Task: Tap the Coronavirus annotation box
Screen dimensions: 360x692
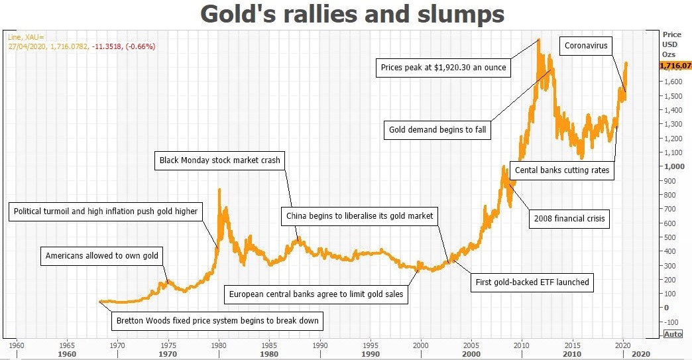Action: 587,46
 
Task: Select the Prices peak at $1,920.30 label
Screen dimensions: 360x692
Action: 443,67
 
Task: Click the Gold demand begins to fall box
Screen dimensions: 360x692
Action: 437,130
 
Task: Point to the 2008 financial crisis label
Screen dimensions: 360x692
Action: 570,218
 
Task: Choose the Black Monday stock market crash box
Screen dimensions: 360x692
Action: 220,160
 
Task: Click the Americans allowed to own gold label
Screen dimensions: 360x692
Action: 103,255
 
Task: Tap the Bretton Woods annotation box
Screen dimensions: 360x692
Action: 217,321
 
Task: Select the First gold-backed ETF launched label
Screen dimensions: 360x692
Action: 532,282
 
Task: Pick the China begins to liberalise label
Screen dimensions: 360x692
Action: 359,216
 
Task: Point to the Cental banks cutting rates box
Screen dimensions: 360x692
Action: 562,170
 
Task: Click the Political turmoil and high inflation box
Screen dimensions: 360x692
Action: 105,212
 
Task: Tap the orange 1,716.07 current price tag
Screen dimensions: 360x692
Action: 675,66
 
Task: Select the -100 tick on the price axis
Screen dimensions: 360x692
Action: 671,322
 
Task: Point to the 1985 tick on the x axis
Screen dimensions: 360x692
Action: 269,345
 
